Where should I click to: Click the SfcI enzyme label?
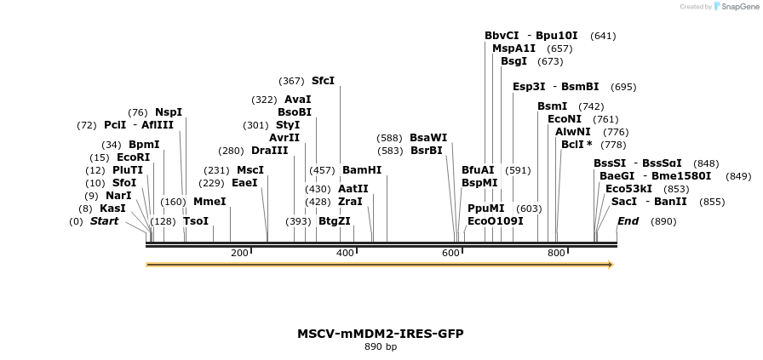pyautogui.click(x=323, y=81)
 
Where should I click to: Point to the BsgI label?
pyautogui.click(x=513, y=61)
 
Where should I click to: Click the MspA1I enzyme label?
pyautogui.click(x=514, y=49)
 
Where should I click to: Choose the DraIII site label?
pyautogui.click(x=269, y=151)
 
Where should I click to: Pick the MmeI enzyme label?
pyautogui.click(x=209, y=202)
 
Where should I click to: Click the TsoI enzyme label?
pyautogui.click(x=196, y=221)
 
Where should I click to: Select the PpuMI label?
pyautogui.click(x=486, y=209)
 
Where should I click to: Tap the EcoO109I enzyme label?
pyautogui.click(x=496, y=221)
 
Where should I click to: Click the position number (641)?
pyautogui.click(x=603, y=36)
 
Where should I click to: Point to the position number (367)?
pyautogui.click(x=291, y=81)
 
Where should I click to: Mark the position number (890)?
pyautogui.click(x=663, y=221)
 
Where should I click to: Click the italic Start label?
pyautogui.click(x=104, y=221)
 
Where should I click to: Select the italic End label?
pyautogui.click(x=628, y=221)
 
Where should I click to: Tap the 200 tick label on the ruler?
pyautogui.click(x=239, y=253)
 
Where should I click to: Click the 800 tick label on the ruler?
pyautogui.click(x=556, y=253)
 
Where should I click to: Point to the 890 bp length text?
pyautogui.click(x=381, y=347)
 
